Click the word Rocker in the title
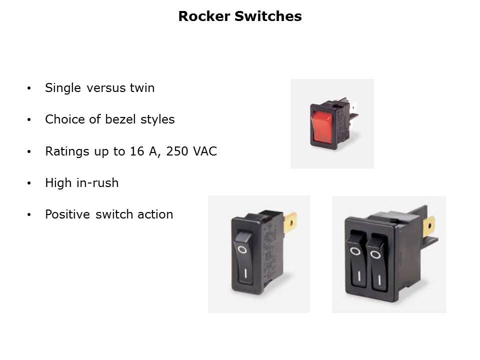pos(204,16)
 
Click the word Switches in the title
pos(268,16)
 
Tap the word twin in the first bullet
pos(142,88)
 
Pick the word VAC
pos(205,151)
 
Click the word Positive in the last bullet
pos(67,214)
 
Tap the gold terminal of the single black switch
pos(290,222)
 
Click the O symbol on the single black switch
pos(242,250)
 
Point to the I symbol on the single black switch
pos(245,273)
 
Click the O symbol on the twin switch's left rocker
pos(355,251)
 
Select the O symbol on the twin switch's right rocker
pos(375,254)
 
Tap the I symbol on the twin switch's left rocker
pos(359,276)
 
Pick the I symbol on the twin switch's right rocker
pos(379,280)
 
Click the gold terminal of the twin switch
pos(429,226)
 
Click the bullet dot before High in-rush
pos(29,183)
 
